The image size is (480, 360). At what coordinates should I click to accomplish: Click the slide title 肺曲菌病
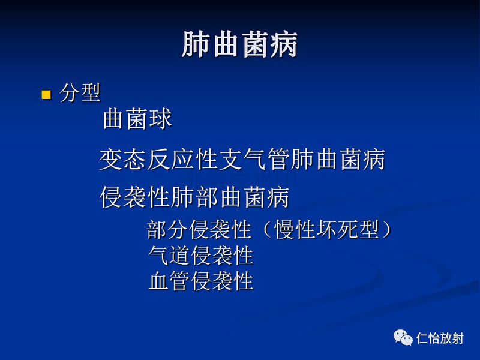pyautogui.click(x=240, y=46)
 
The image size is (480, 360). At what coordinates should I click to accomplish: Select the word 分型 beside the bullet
pyautogui.click(x=80, y=93)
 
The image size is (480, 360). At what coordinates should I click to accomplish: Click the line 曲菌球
pyautogui.click(x=137, y=119)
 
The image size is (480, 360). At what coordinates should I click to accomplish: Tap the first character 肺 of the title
pyautogui.click(x=196, y=46)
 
